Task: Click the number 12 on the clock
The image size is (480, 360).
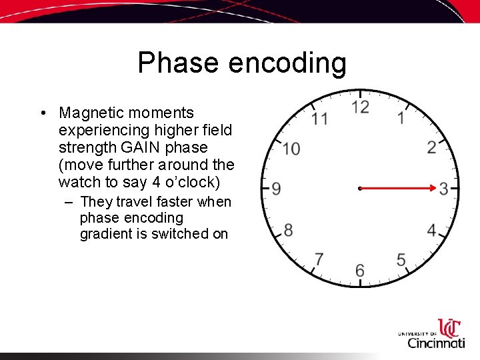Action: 360,107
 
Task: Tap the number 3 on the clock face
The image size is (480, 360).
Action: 444,189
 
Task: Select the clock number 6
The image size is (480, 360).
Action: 360,270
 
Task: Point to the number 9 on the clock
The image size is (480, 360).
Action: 276,189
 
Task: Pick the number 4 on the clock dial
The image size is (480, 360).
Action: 432,231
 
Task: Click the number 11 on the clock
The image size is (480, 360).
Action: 320,119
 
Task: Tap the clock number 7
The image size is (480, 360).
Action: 319,259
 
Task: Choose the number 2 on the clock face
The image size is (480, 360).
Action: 432,147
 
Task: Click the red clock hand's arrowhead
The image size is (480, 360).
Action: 433,189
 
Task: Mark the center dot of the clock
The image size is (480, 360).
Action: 359,189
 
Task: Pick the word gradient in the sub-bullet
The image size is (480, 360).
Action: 108,234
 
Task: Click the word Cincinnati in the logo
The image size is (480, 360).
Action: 436,343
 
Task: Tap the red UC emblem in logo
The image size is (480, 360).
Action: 449,328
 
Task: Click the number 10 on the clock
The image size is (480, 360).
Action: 290,148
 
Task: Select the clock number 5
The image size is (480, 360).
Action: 401,259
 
